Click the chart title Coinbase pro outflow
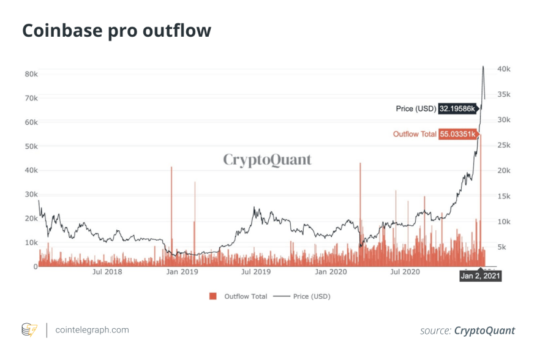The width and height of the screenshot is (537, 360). pyautogui.click(x=116, y=31)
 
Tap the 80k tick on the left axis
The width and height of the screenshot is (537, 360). pyautogui.click(x=31, y=73)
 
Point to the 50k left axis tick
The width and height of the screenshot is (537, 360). pyautogui.click(x=31, y=146)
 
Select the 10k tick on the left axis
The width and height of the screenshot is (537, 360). pyautogui.click(x=31, y=242)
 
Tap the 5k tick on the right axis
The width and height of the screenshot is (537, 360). pyautogui.click(x=501, y=247)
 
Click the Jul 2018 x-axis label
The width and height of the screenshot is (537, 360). pyautogui.click(x=108, y=271)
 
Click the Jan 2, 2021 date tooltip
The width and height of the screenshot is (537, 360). pyautogui.click(x=481, y=276)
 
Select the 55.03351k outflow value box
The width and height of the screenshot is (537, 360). pyautogui.click(x=457, y=134)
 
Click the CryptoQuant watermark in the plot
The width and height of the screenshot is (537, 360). pyautogui.click(x=267, y=160)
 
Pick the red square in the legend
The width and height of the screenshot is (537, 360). pyautogui.click(x=213, y=296)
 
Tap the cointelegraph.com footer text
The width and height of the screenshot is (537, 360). pyautogui.click(x=92, y=330)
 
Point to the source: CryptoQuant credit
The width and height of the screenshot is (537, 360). pyautogui.click(x=467, y=331)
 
